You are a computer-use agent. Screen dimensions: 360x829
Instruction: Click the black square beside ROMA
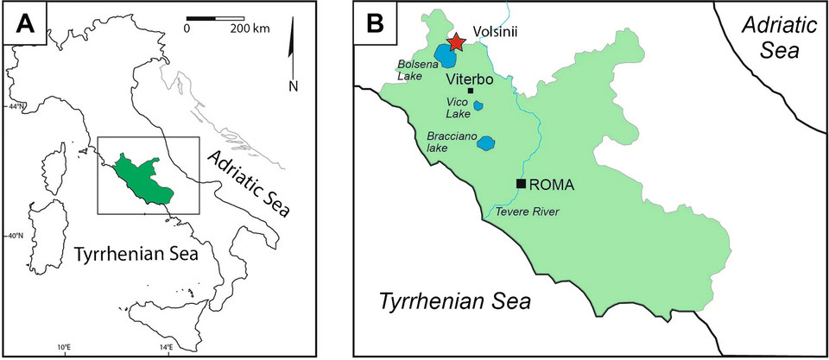(521, 184)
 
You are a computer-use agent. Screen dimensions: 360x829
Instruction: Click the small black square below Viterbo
(471, 91)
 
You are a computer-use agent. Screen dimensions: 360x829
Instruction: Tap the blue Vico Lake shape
(478, 106)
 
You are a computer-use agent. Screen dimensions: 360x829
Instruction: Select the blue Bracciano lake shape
(486, 143)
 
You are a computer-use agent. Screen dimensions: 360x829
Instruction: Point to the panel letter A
(23, 23)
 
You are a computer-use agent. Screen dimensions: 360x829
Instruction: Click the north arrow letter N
(294, 85)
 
